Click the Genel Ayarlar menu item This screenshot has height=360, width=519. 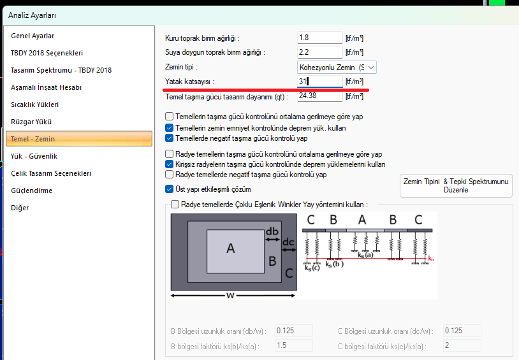tap(33, 36)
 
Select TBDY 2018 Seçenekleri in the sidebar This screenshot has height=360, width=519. tap(47, 53)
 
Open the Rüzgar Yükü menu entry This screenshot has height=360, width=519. tap(31, 122)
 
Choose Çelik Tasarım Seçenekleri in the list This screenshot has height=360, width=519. tap(51, 173)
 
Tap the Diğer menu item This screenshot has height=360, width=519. tap(20, 208)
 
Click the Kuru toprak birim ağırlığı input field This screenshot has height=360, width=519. tap(319, 38)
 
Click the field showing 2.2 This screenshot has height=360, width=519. tap(319, 52)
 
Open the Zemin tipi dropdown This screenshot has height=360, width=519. tap(337, 68)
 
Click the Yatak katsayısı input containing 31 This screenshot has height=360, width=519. tap(319, 82)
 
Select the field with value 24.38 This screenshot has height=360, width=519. tap(319, 96)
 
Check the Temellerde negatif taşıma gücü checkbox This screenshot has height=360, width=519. tap(169, 138)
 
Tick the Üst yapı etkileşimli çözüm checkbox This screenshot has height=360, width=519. tap(169, 189)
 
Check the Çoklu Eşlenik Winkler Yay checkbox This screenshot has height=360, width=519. tap(175, 204)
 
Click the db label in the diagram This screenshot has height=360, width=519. tap(272, 231)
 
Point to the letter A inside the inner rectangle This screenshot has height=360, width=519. tap(231, 248)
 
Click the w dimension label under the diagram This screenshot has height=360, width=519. tap(230, 295)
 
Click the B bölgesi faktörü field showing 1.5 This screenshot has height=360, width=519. tap(293, 345)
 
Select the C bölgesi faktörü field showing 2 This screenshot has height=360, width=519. tap(462, 345)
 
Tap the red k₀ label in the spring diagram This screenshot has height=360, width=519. tap(430, 259)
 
